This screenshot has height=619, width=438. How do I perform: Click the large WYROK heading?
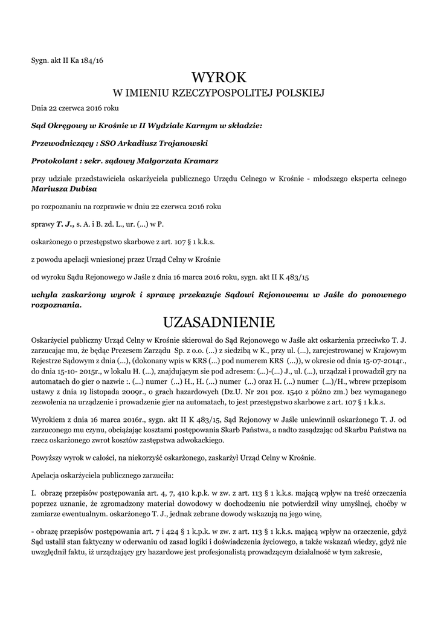(219, 77)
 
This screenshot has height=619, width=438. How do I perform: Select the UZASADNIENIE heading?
(219, 320)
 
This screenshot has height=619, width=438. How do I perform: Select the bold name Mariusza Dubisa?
(60, 189)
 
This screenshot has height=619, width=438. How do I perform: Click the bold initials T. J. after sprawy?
(65, 224)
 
